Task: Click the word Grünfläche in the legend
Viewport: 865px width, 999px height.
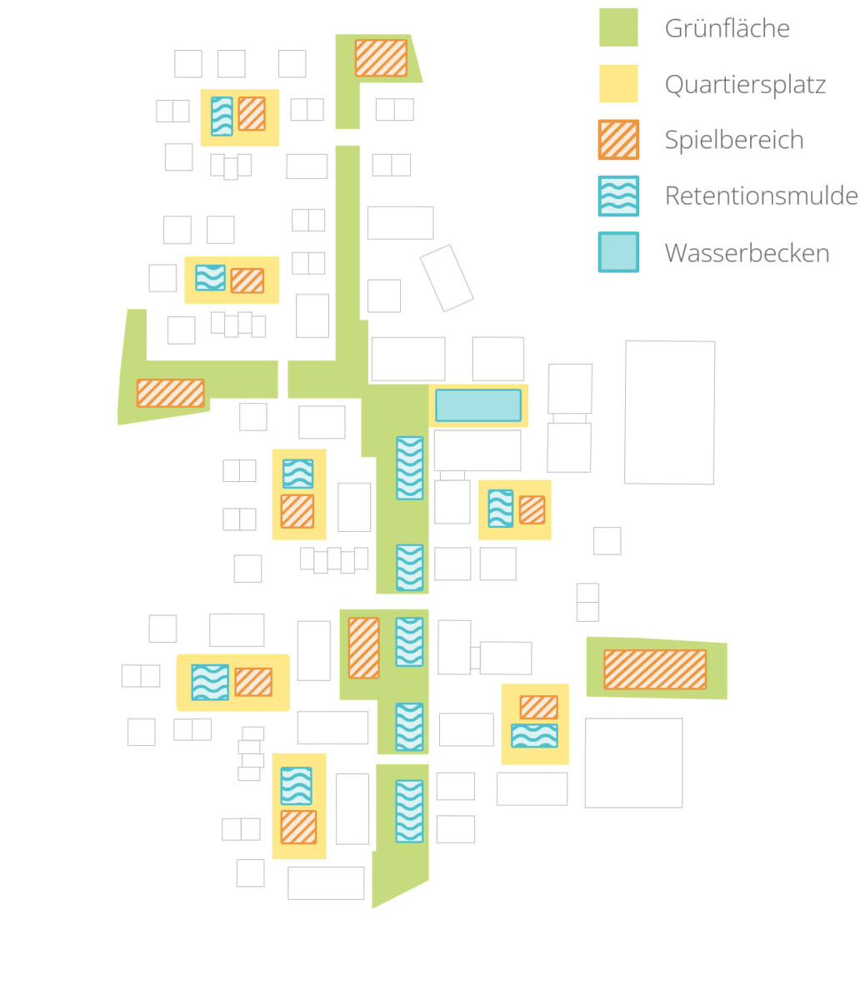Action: click(727, 28)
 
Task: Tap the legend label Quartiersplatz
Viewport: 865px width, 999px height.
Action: click(745, 85)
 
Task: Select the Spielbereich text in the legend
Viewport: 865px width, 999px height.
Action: click(734, 140)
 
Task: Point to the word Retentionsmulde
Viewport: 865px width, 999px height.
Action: click(761, 196)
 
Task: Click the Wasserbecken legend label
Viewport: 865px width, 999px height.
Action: click(747, 253)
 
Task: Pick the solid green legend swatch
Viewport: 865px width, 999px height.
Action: click(618, 27)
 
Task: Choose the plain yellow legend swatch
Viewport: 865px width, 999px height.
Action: click(618, 83)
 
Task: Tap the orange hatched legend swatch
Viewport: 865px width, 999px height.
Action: click(618, 140)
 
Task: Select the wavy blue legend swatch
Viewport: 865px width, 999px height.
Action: click(618, 196)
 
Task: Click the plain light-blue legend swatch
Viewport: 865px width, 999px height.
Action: click(618, 251)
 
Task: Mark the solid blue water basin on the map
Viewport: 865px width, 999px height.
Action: click(478, 405)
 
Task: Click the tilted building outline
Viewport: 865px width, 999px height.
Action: click(447, 278)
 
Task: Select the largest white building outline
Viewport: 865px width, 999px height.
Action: click(669, 412)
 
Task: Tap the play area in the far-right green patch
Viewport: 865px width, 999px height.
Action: click(654, 669)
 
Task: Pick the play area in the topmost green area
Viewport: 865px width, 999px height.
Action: click(381, 58)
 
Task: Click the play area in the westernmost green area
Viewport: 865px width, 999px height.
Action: click(170, 393)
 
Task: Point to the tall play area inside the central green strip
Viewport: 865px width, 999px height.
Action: click(363, 648)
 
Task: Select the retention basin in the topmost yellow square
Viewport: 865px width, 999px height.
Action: click(222, 116)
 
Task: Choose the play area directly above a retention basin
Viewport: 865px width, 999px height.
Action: click(538, 708)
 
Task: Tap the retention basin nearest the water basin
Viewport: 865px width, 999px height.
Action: click(409, 468)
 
